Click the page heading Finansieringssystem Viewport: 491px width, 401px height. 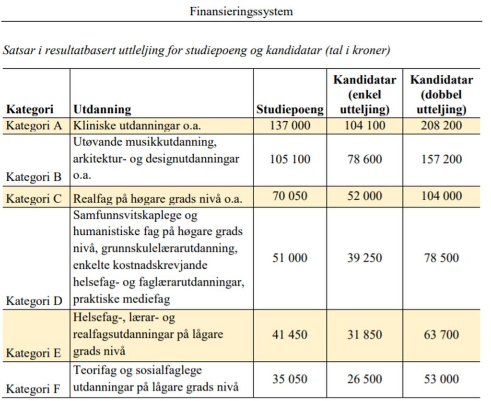point(241,11)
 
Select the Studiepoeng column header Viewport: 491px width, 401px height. point(290,110)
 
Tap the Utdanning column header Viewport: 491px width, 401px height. point(102,110)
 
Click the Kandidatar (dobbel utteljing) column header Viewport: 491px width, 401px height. point(441,95)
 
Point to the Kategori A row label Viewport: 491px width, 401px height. point(35,126)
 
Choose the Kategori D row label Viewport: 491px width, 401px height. point(35,301)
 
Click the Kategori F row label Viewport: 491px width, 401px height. point(35,389)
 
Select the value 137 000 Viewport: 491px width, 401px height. point(290,126)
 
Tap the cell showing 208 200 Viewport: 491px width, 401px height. point(441,126)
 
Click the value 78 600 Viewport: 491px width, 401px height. point(365,159)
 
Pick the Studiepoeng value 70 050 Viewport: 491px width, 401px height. point(290,196)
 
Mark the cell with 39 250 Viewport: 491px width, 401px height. point(365,258)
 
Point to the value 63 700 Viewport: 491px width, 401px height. point(441,334)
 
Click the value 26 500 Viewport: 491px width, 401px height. point(365,379)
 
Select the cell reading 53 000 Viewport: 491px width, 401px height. point(441,379)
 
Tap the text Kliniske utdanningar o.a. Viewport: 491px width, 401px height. point(137,126)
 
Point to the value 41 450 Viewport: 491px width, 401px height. point(290,334)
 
